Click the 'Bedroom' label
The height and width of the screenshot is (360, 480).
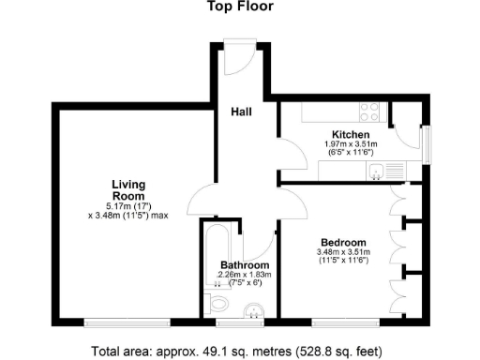point(342,242)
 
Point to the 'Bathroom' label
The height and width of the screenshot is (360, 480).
point(245,265)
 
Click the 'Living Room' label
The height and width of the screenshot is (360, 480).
point(127,189)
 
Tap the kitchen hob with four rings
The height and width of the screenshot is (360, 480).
point(369,113)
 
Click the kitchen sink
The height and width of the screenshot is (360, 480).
point(376,171)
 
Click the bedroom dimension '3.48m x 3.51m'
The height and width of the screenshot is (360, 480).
point(342,251)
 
